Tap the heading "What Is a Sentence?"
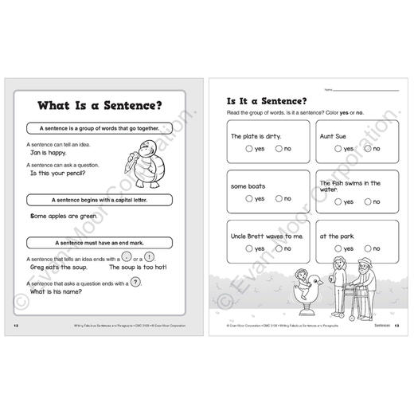point(106,105)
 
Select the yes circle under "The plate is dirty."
point(250,149)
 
